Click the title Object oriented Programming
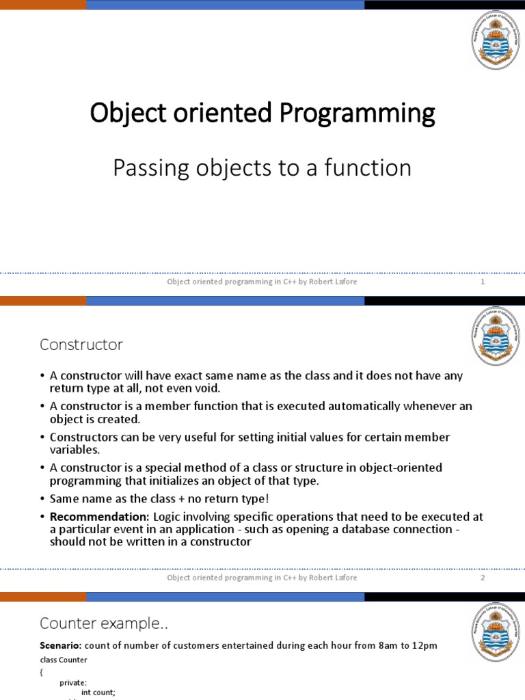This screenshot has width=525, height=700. pos(262,113)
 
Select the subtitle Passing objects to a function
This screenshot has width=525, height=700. pos(262,167)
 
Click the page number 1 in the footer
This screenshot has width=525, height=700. pos(482,282)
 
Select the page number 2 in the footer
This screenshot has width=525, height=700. pos(482,578)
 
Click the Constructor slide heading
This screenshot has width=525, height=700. pos(81,345)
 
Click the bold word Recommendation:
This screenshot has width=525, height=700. pos(100,517)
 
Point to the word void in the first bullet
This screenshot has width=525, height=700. pos(204,388)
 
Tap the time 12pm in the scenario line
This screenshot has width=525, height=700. pos(423,645)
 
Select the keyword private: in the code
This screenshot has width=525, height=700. pos(73,682)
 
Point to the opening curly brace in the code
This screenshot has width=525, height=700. pos(42,671)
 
